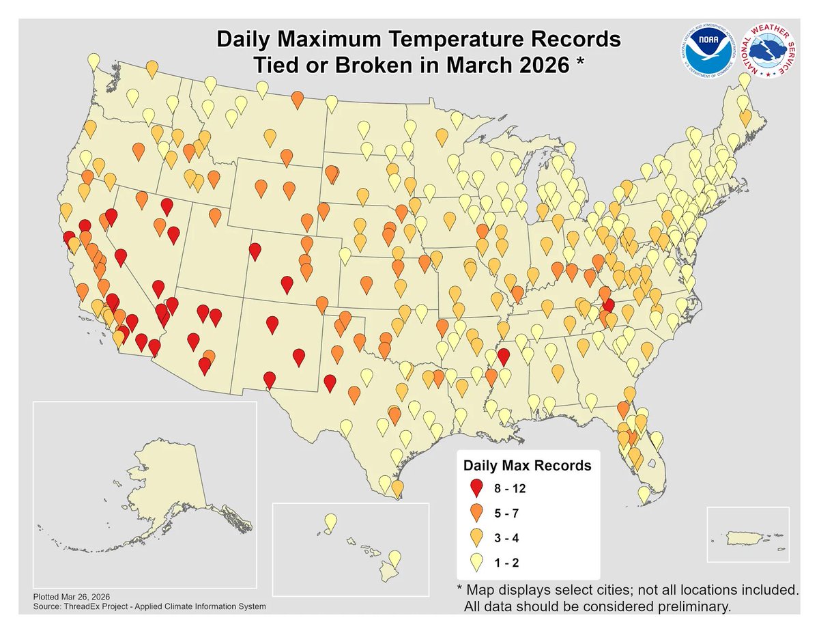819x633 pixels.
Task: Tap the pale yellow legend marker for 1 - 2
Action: [477, 562]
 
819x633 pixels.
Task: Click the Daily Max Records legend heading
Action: [527, 466]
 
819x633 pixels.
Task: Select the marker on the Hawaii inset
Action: [330, 522]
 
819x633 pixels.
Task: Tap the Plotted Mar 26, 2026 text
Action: [72, 596]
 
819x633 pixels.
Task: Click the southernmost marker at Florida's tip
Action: [644, 493]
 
